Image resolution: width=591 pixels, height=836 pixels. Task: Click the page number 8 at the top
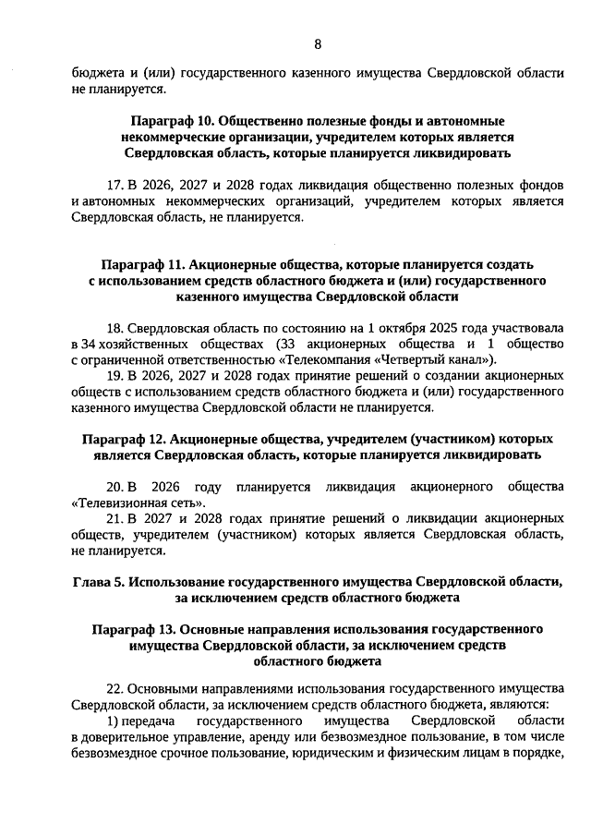[x=318, y=43]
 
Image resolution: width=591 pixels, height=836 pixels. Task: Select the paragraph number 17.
[x=115, y=185]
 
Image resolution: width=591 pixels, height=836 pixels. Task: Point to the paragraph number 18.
[x=115, y=328]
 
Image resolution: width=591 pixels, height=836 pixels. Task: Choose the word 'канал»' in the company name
[x=470, y=359]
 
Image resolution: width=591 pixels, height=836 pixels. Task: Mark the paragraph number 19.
[x=115, y=376]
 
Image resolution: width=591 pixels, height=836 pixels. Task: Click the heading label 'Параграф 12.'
[x=125, y=439]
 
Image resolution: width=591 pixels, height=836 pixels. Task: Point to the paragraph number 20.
[x=115, y=486]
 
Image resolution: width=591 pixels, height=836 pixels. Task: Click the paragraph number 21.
[x=115, y=518]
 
